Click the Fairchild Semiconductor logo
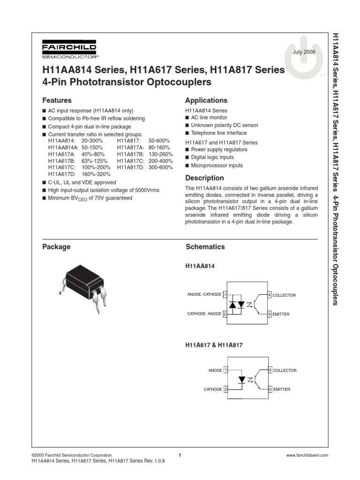(x=69, y=51)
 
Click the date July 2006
(x=304, y=52)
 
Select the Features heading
(x=57, y=100)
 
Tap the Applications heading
(x=206, y=100)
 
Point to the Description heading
(x=204, y=178)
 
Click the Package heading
(x=56, y=247)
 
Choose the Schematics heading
(x=205, y=247)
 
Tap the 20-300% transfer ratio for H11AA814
(x=92, y=141)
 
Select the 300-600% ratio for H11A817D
(x=161, y=167)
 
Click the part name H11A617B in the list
(x=61, y=160)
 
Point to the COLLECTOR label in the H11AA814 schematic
(x=284, y=295)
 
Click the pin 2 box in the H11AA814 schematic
(x=225, y=314)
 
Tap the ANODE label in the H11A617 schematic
(x=215, y=370)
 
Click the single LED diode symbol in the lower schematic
(x=242, y=379)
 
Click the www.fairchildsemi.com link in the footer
(x=307, y=455)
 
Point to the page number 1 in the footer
(x=180, y=455)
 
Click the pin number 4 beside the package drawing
(x=60, y=293)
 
